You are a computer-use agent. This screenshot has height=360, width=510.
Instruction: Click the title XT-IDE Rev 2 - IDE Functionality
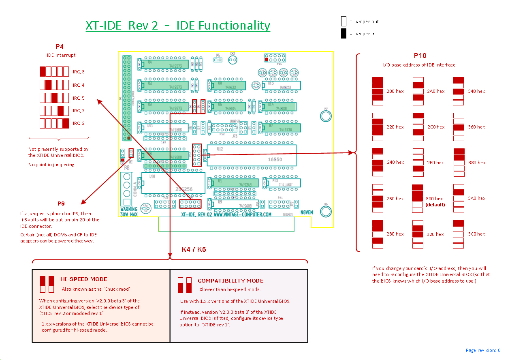pyautogui.click(x=178, y=26)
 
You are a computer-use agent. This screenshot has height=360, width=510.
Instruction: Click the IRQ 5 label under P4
pyautogui.click(x=79, y=98)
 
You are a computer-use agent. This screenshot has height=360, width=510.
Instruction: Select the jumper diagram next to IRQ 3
pyautogui.click(x=54, y=72)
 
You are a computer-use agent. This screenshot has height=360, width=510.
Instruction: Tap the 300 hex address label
pyautogui.click(x=434, y=199)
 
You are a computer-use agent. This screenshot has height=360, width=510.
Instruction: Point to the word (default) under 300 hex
pyautogui.click(x=435, y=205)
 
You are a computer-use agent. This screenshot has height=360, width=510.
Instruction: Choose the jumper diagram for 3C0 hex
pyautogui.click(x=458, y=234)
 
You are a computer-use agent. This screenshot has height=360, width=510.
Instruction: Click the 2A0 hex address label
pyautogui.click(x=435, y=92)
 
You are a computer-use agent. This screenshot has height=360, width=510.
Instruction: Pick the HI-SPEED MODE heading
pyautogui.click(x=84, y=279)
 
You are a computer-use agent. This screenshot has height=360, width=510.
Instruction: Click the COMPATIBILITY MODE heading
pyautogui.click(x=230, y=281)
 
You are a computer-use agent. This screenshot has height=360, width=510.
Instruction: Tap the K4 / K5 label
pyautogui.click(x=194, y=249)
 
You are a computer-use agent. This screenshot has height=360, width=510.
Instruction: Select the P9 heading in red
pyautogui.click(x=61, y=204)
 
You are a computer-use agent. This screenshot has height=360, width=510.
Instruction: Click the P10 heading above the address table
pyautogui.click(x=420, y=56)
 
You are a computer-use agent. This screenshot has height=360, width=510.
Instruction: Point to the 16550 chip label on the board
pyautogui.click(x=275, y=159)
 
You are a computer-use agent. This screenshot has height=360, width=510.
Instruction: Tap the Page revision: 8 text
pyautogui.click(x=483, y=350)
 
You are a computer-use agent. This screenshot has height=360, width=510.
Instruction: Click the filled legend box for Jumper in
pyautogui.click(x=344, y=34)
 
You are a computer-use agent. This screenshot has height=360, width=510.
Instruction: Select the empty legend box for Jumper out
pyautogui.click(x=344, y=21)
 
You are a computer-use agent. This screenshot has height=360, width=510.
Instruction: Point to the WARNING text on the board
pyautogui.click(x=129, y=210)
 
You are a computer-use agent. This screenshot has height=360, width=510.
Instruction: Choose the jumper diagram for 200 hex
pyautogui.click(x=378, y=91)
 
